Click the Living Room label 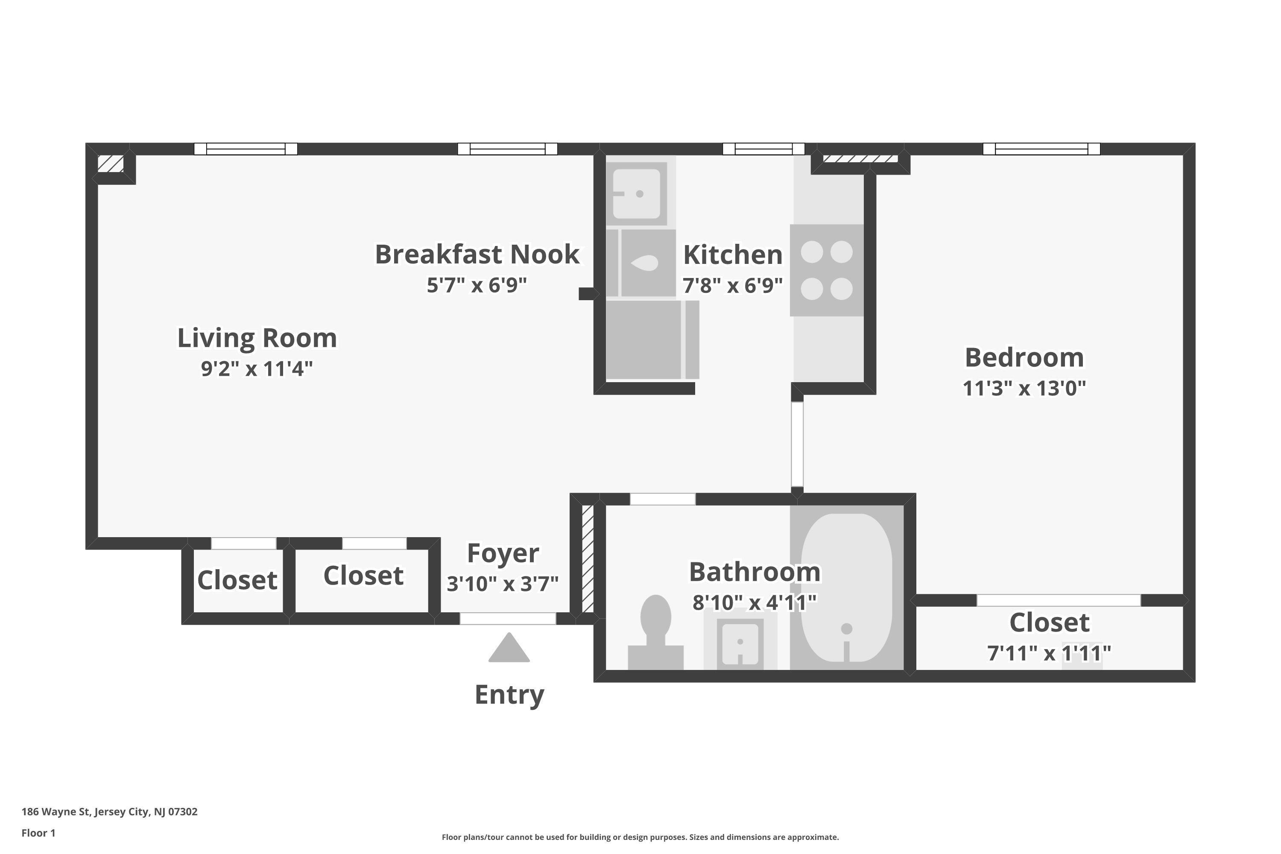tap(257, 338)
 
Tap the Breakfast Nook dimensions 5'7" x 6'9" tap(477, 285)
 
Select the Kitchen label tap(733, 254)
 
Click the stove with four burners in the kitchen tap(827, 270)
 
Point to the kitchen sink tap(637, 193)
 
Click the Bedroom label tap(1024, 358)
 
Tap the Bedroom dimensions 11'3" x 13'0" tap(1024, 388)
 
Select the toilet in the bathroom tap(655, 632)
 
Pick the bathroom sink tap(740, 643)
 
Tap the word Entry tap(509, 695)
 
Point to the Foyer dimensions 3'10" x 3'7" tap(503, 584)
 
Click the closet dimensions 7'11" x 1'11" tap(1049, 652)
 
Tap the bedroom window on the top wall tap(1041, 149)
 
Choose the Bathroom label tap(755, 572)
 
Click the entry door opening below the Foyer tap(508, 618)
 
